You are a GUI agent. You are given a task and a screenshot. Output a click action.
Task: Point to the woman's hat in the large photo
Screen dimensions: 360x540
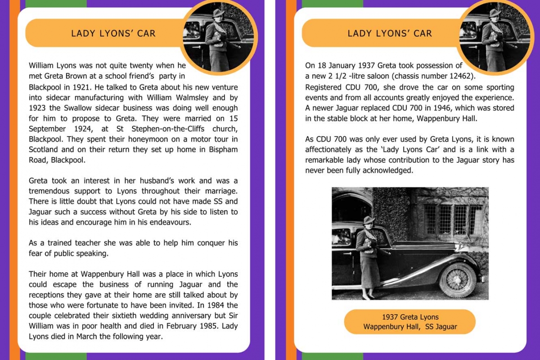click(369, 220)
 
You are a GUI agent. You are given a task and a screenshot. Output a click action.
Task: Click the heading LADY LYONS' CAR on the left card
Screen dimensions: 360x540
click(113, 33)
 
